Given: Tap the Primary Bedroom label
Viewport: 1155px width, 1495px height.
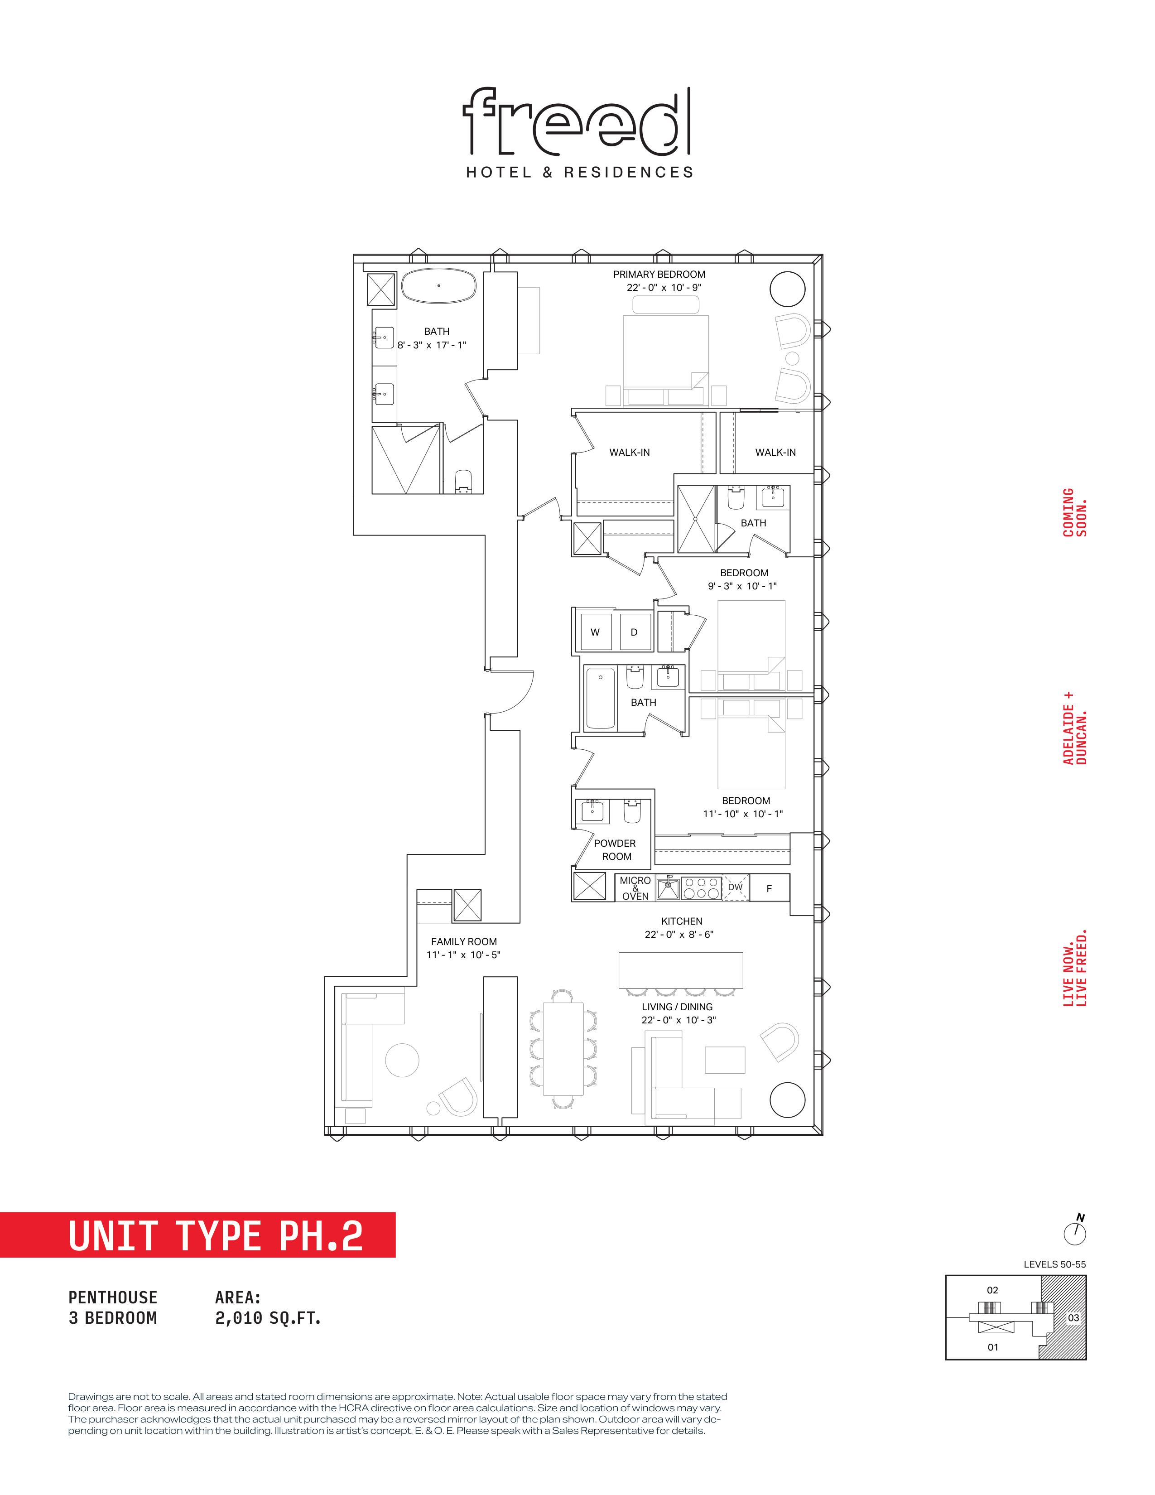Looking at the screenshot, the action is (659, 275).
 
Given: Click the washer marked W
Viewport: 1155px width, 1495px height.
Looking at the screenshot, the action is (595, 632).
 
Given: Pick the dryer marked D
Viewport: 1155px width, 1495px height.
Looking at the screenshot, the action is (634, 632).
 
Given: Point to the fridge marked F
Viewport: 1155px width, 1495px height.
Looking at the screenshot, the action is (769, 888).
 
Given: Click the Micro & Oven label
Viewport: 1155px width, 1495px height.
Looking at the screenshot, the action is (635, 888).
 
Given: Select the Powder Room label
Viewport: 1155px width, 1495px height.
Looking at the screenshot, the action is (615, 849).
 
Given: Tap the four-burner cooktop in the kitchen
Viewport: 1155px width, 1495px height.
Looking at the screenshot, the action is (701, 888).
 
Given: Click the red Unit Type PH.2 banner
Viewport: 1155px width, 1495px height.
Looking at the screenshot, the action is (198, 1235).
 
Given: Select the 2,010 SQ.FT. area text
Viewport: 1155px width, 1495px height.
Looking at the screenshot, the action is (268, 1318).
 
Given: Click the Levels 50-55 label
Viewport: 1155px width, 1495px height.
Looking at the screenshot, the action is (1054, 1264).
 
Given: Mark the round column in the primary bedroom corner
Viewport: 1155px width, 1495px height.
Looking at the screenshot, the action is (787, 289).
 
